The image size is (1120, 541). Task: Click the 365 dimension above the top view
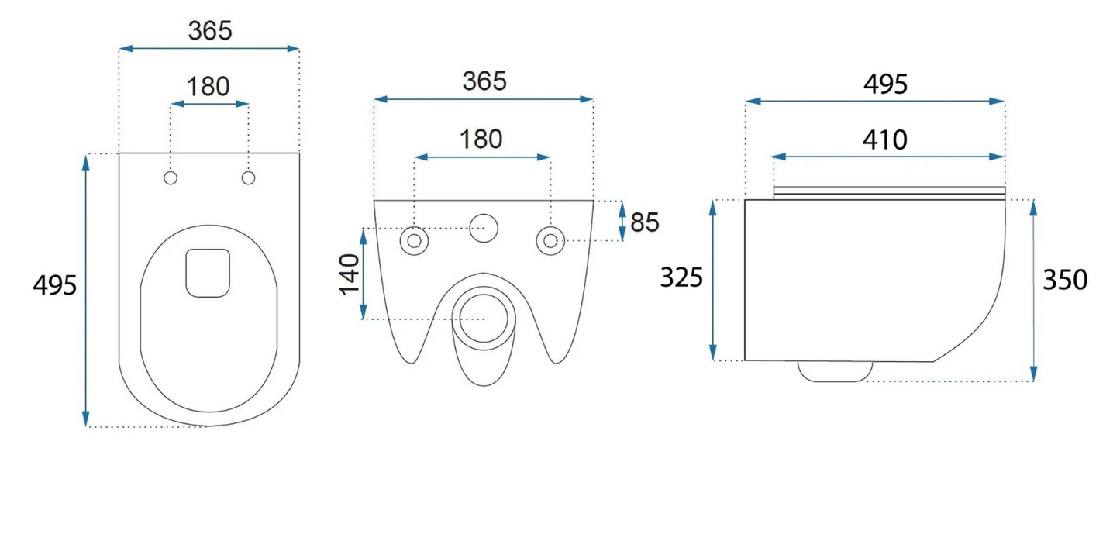[210, 30]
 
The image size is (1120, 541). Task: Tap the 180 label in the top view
[208, 87]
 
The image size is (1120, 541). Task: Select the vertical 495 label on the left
[54, 285]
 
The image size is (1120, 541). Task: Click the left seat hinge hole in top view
[171, 178]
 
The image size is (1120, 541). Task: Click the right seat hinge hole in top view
[249, 178]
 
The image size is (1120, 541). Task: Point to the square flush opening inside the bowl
[208, 273]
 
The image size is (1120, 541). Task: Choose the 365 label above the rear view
[484, 81]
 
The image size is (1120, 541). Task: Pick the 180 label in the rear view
[481, 139]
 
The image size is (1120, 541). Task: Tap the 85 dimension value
[645, 222]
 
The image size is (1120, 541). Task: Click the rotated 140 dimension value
[350, 274]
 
